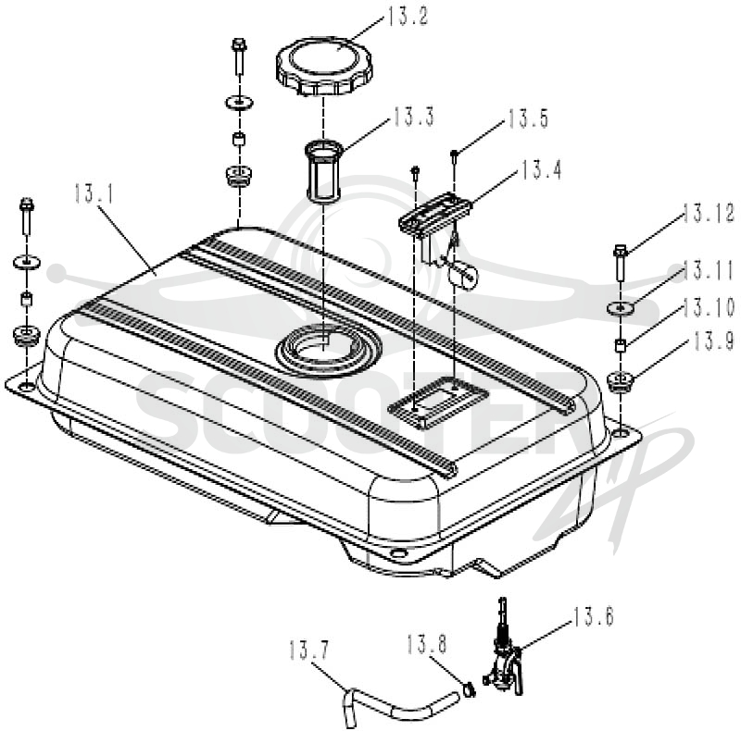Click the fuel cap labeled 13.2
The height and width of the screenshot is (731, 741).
tap(324, 66)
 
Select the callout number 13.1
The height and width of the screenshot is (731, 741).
tap(94, 193)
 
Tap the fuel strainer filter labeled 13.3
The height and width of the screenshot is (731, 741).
tap(324, 171)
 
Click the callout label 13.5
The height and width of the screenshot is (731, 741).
tap(528, 118)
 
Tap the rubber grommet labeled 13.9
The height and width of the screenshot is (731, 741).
tap(620, 381)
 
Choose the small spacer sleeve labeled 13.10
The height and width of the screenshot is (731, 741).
tap(620, 345)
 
